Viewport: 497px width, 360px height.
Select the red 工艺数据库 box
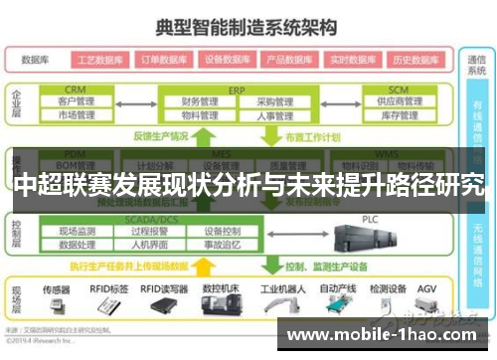[98, 59]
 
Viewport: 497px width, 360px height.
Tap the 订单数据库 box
[162, 59]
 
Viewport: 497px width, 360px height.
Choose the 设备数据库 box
[227, 59]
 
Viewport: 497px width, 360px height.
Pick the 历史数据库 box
[415, 59]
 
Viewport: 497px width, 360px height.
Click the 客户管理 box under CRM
[76, 101]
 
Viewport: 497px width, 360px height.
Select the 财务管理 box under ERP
[200, 101]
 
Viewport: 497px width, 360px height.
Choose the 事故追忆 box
[222, 244]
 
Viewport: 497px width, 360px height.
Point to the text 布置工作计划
[313, 136]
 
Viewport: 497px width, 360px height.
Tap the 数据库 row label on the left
[36, 59]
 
